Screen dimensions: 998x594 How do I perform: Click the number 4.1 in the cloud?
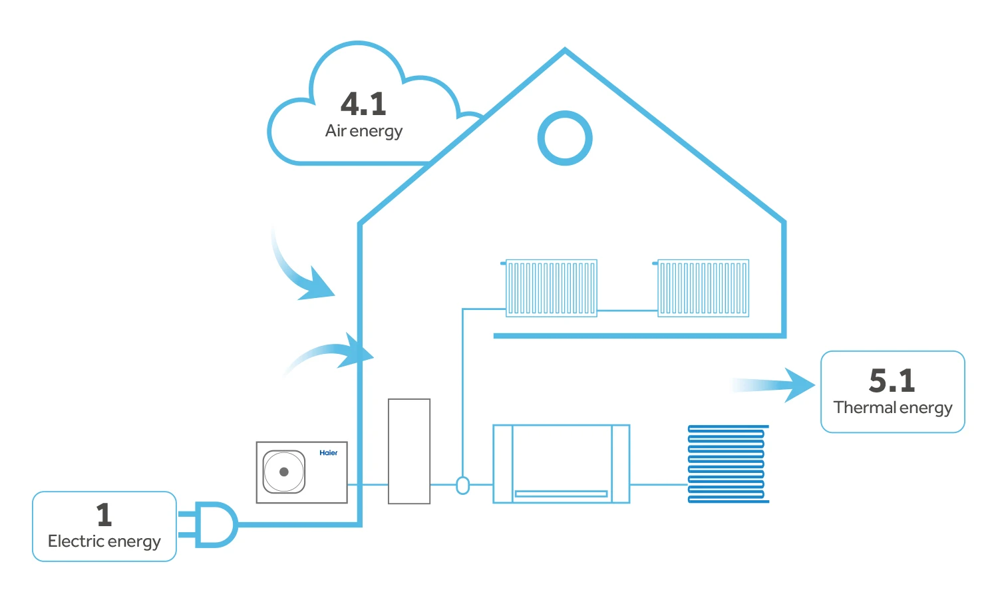pos(363,104)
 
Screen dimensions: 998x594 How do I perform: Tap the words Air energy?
pos(364,131)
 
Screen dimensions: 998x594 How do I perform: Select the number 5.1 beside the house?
pos(892,380)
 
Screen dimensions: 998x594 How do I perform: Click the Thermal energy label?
pos(893,408)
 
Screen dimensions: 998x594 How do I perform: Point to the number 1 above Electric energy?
pos(104,514)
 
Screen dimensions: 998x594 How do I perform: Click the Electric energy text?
pos(104,541)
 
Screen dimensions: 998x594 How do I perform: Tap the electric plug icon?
pos(212,524)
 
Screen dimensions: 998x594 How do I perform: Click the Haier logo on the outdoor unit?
pos(328,453)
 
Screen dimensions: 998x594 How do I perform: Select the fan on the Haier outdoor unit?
pos(284,472)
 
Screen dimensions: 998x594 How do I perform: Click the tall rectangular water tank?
pos(409,451)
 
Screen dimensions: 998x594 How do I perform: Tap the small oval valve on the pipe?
pos(462,486)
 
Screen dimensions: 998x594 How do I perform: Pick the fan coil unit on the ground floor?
pos(561,464)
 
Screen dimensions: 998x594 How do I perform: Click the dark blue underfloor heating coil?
pos(727,464)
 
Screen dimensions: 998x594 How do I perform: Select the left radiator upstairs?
pos(551,288)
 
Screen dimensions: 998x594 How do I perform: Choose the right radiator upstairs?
pos(703,288)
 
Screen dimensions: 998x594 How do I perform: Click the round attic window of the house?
pos(565,138)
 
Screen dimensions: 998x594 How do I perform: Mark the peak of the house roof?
pos(565,51)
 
